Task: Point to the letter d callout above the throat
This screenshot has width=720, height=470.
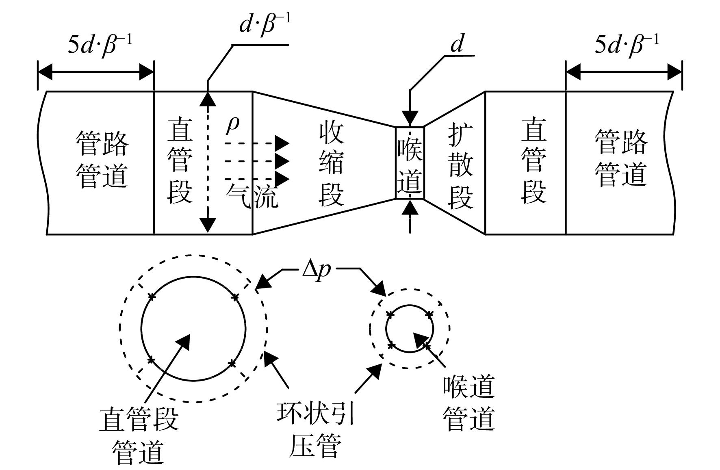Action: click(x=457, y=43)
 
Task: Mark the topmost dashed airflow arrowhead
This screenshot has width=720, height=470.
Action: click(x=282, y=143)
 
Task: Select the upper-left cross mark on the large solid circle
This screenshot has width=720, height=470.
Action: click(x=152, y=297)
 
